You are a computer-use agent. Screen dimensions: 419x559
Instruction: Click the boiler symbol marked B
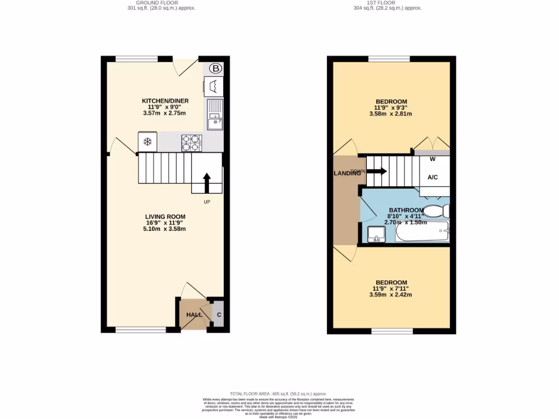point(216,68)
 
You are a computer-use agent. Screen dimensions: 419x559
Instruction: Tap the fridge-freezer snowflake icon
point(147,142)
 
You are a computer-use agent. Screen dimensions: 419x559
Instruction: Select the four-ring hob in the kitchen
point(192,142)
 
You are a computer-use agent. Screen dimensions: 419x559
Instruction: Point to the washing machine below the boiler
point(213,86)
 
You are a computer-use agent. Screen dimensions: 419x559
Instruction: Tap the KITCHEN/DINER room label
point(165,101)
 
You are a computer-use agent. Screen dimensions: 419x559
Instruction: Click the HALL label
point(194,315)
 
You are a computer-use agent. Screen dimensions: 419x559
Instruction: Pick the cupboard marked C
point(219,315)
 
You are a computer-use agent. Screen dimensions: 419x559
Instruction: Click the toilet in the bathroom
point(437,211)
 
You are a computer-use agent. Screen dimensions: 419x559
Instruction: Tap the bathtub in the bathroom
point(422,233)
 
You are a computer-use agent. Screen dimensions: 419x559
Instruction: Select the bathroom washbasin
point(376,234)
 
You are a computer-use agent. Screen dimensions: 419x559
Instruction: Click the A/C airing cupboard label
point(433,177)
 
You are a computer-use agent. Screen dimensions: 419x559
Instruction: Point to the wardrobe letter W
point(432,160)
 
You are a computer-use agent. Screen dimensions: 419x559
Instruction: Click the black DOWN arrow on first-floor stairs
point(377,171)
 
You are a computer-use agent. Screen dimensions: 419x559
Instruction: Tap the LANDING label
point(347,173)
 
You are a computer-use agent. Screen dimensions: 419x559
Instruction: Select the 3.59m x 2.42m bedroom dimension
point(391,295)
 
